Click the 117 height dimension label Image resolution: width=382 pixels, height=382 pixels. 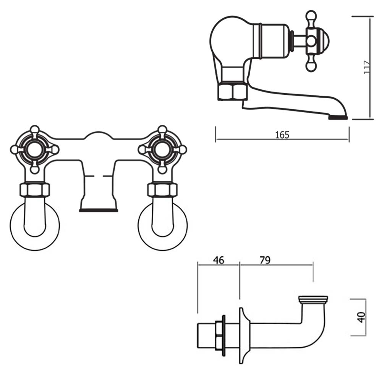point(367,68)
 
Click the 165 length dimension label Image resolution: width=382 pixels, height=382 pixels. point(282,134)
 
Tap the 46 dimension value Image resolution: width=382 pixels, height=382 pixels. point(218,261)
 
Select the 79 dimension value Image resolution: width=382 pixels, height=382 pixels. point(265,261)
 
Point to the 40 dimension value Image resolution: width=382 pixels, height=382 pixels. point(361,317)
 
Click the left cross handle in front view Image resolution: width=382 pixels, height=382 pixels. point(34,149)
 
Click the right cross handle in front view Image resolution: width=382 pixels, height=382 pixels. point(162,149)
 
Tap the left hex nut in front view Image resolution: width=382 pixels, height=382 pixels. point(34,190)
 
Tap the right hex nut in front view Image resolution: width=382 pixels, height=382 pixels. point(162,190)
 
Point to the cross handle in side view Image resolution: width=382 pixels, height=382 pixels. point(311,41)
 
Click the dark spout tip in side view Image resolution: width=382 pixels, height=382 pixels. point(338,117)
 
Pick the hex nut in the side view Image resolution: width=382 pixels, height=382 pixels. point(232,92)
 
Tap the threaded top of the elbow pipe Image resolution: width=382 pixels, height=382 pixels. point(313,299)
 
